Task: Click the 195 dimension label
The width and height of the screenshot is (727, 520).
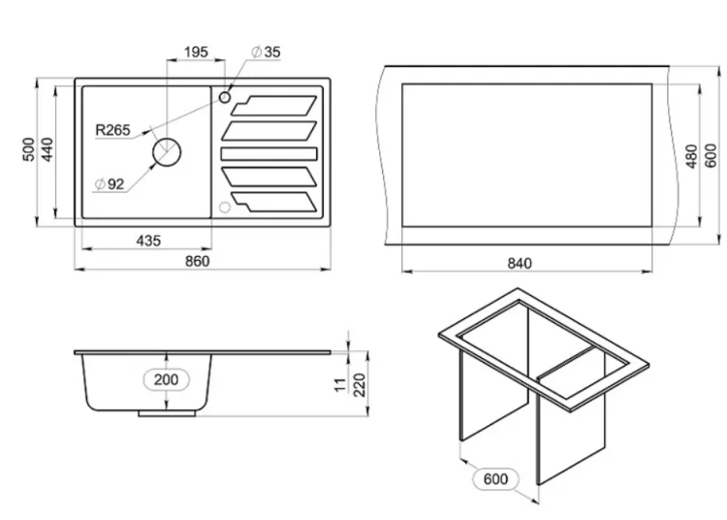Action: tap(196, 52)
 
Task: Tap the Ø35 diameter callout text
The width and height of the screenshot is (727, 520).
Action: tap(266, 52)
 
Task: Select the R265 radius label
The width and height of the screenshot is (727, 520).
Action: tap(112, 130)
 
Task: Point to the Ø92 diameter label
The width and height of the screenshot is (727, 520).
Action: tap(110, 184)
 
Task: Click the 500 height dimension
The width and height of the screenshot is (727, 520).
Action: tap(28, 149)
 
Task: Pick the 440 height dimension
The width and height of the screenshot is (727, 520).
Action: tap(47, 149)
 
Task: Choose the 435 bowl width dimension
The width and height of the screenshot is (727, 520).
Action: tap(148, 241)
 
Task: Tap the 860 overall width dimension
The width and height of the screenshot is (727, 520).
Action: tap(198, 261)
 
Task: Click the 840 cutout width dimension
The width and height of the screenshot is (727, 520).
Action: tap(520, 264)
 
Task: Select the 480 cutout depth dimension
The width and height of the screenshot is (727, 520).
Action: tap(691, 156)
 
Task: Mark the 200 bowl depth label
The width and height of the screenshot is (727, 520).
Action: tap(166, 379)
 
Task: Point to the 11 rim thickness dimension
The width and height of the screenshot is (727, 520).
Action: tap(341, 384)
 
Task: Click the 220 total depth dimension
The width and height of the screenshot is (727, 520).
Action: tap(360, 385)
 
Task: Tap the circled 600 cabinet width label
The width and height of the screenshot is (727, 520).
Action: tap(495, 478)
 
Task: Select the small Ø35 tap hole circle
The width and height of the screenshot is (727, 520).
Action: tap(225, 97)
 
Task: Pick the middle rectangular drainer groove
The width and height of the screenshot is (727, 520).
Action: tap(269, 153)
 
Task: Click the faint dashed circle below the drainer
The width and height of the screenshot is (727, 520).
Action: tap(225, 208)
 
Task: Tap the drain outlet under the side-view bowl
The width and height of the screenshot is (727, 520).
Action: tap(167, 413)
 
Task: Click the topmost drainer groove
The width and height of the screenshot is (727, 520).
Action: tap(273, 106)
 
